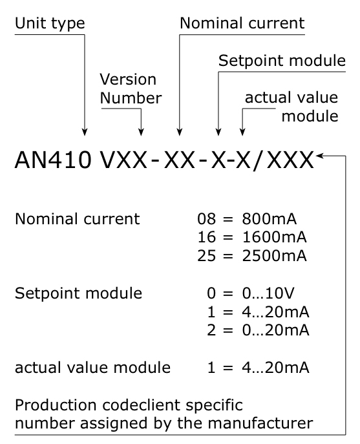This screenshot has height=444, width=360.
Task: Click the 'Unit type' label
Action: [50, 24]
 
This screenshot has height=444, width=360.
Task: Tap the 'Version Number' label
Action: [131, 89]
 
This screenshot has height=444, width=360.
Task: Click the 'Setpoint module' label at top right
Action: [282, 61]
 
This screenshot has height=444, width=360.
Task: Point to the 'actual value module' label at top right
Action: [291, 107]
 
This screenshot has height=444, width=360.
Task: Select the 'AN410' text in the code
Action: [53, 160]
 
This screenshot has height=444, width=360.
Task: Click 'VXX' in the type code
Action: [123, 160]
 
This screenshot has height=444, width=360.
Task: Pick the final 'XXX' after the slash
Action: [290, 160]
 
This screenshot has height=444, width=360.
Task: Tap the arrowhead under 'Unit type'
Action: [85, 132]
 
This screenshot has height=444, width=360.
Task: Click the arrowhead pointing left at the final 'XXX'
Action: [320, 156]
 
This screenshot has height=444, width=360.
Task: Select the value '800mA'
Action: [270, 219]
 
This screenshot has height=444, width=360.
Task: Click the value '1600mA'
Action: [275, 237]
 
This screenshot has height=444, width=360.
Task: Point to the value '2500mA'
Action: [275, 256]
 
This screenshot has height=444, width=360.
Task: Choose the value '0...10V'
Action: [268, 293]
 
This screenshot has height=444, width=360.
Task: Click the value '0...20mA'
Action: [275, 330]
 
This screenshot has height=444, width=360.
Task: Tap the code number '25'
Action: [206, 256]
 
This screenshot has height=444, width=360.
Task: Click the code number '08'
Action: [206, 219]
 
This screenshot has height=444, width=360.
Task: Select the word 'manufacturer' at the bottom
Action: [260, 423]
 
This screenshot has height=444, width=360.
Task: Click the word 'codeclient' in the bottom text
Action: [142, 405]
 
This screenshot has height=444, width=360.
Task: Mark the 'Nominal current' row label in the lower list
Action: [78, 219]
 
